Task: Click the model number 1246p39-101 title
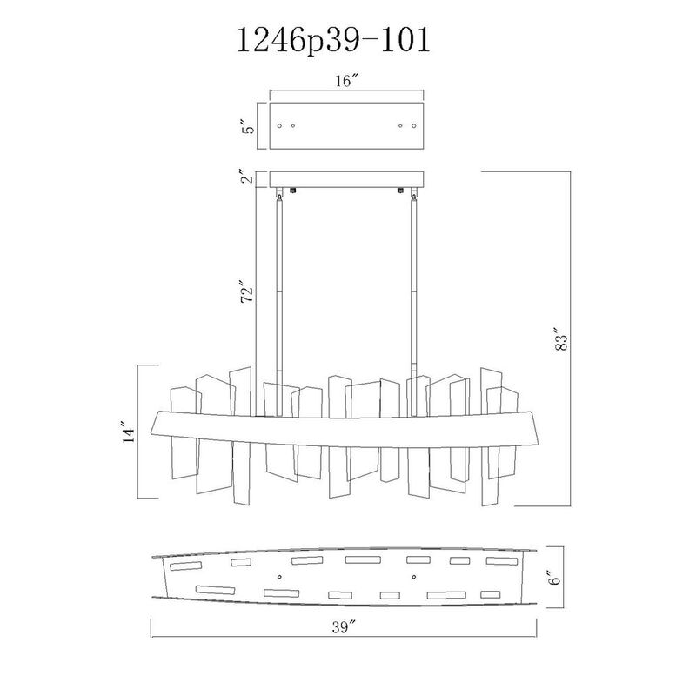tap(334, 41)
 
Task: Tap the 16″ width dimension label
tap(346, 81)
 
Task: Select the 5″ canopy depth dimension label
tap(250, 126)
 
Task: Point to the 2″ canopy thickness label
tap(250, 177)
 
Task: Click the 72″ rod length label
tap(247, 291)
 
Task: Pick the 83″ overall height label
tap(561, 339)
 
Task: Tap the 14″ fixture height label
tap(129, 432)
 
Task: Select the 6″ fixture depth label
tap(554, 578)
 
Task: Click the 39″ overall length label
tap(344, 627)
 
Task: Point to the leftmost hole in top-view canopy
tap(279, 126)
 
